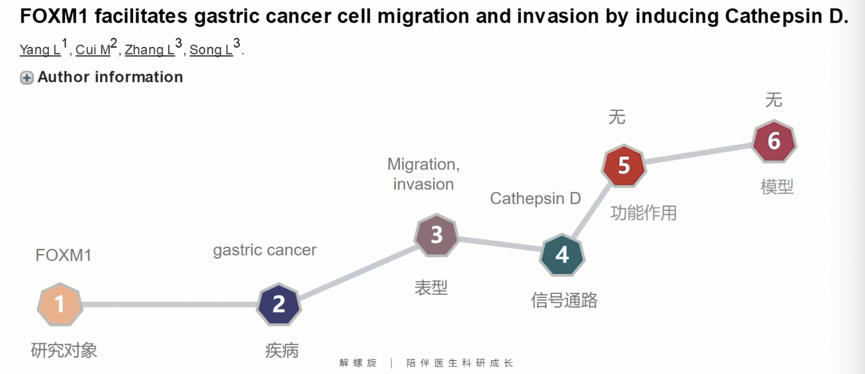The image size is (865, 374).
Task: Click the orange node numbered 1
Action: [60, 304]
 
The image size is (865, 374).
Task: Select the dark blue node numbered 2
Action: [279, 304]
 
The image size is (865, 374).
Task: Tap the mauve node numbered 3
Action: [436, 235]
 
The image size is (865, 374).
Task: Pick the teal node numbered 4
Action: [562, 255]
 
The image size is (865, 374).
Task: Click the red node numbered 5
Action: [624, 166]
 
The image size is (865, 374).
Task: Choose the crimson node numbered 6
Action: [774, 140]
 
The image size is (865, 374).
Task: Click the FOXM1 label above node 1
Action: [63, 256]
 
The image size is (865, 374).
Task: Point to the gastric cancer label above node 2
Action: [265, 250]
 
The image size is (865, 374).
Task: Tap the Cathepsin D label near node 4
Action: [536, 199]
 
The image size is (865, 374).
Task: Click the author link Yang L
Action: [40, 50]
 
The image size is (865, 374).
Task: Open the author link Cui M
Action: [93, 50]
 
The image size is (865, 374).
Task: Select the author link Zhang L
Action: [150, 50]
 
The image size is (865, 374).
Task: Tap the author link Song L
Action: [211, 50]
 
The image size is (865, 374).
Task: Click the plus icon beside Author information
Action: [27, 78]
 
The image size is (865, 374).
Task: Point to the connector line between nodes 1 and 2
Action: [170, 304]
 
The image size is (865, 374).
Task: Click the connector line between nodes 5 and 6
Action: [699, 153]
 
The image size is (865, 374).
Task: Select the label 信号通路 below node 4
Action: [564, 300]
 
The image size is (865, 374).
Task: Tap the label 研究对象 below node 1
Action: [64, 350]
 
